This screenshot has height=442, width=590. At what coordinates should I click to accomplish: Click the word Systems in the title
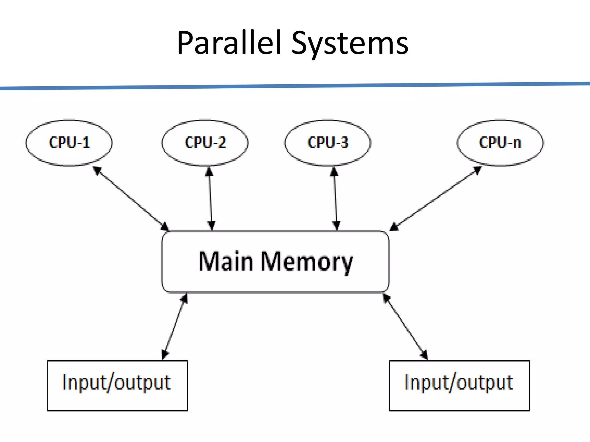click(x=350, y=44)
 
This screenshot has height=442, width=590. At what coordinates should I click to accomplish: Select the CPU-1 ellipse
click(x=69, y=143)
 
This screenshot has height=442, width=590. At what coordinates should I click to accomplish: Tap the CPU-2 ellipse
click(x=205, y=143)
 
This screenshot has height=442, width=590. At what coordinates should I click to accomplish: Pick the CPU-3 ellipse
click(x=328, y=143)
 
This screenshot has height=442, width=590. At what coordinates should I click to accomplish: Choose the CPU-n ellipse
click(x=500, y=143)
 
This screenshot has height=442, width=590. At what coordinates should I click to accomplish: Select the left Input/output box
click(x=117, y=386)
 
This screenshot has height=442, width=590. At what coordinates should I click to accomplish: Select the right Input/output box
click(x=459, y=386)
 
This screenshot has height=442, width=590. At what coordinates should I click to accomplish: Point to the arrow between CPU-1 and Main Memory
click(x=131, y=199)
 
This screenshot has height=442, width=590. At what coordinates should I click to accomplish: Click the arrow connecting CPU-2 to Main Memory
click(x=210, y=199)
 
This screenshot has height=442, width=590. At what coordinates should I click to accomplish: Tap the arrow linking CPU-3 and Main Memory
click(x=335, y=199)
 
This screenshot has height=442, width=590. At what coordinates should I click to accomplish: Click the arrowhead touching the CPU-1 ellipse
click(x=97, y=170)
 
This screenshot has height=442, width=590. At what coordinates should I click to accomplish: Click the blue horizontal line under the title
click(x=295, y=86)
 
